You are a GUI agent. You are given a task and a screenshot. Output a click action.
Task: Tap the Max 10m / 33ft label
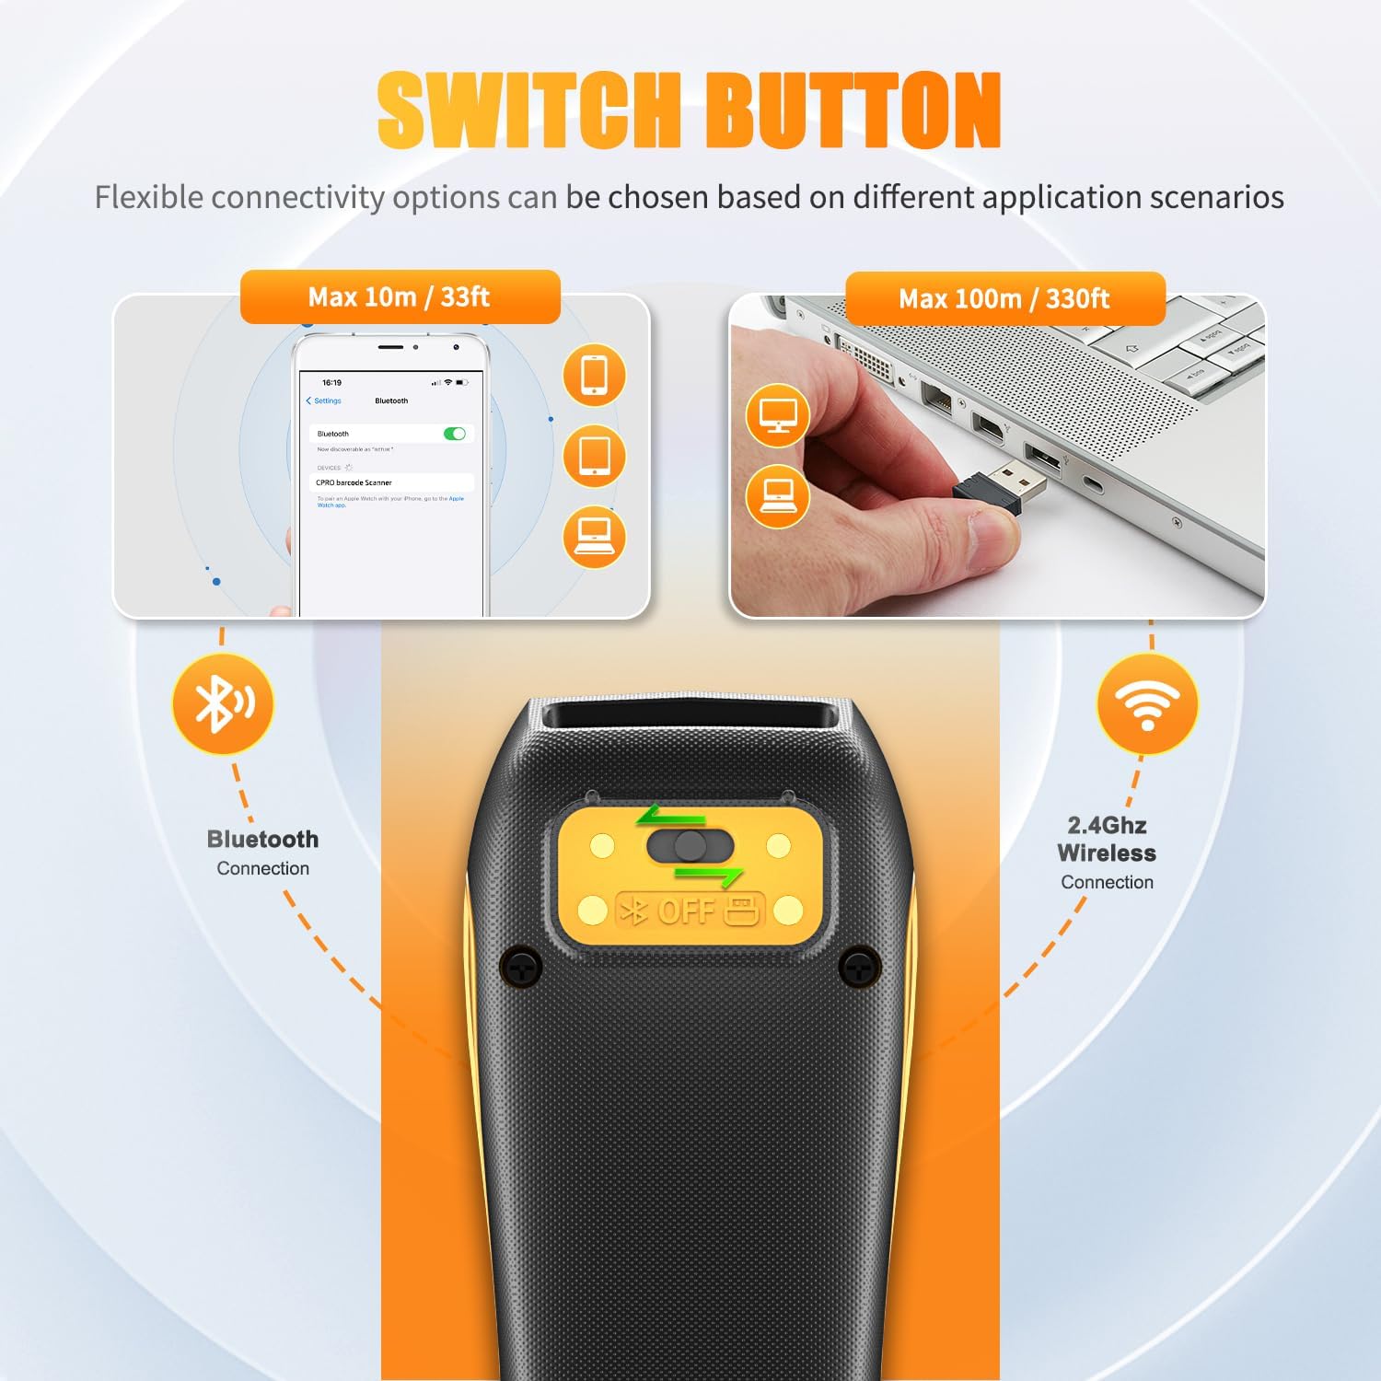click(400, 296)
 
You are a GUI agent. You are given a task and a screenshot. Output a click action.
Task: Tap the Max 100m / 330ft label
click(1004, 298)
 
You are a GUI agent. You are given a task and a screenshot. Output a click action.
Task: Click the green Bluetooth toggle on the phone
click(455, 434)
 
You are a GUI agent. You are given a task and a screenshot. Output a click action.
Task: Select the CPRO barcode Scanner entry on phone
click(354, 482)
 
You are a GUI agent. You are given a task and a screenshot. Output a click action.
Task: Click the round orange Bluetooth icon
click(223, 704)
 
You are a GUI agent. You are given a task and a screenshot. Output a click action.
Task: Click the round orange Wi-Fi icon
click(1147, 704)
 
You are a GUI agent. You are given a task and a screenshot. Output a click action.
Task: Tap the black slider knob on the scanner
click(690, 846)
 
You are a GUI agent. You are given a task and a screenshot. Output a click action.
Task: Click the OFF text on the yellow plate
click(686, 911)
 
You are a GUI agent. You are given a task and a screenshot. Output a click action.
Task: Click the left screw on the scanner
click(521, 967)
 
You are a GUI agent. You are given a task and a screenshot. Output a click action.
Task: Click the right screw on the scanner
click(860, 967)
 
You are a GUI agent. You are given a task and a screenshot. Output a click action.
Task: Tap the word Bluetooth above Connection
click(262, 839)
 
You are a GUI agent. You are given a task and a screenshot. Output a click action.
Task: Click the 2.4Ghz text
click(1107, 825)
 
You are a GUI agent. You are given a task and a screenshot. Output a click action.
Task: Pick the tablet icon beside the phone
click(594, 457)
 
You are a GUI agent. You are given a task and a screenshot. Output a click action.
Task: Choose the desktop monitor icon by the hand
click(778, 415)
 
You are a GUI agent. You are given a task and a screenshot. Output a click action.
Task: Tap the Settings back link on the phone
click(324, 400)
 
